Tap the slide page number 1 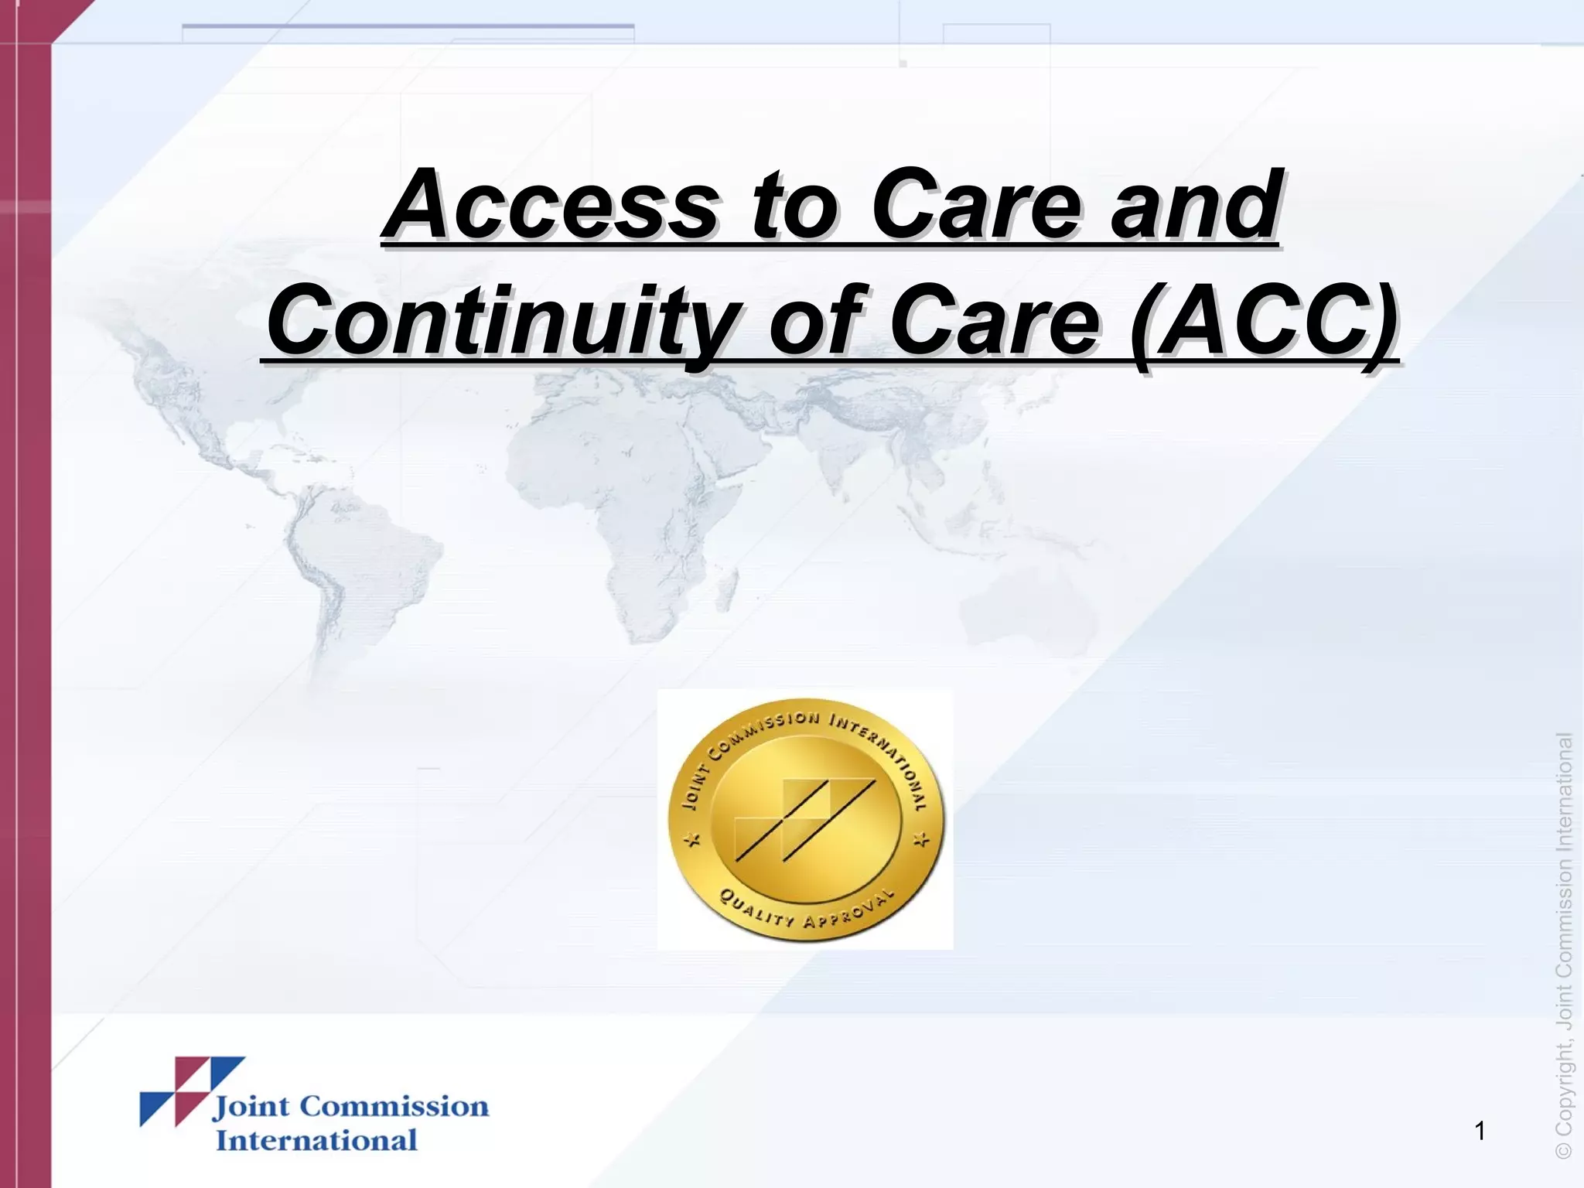pyautogui.click(x=1480, y=1132)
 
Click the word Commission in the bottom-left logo pyautogui.click(x=394, y=1107)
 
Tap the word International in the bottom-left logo pyautogui.click(x=316, y=1140)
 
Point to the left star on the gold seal pyautogui.click(x=694, y=840)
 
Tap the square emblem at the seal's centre pyautogui.click(x=804, y=818)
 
